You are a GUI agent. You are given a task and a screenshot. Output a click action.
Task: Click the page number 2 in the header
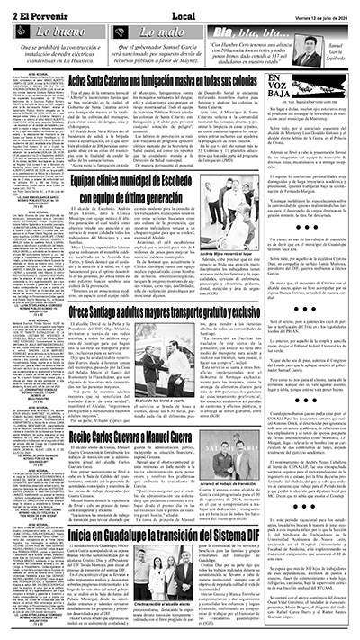(x=7, y=7)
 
